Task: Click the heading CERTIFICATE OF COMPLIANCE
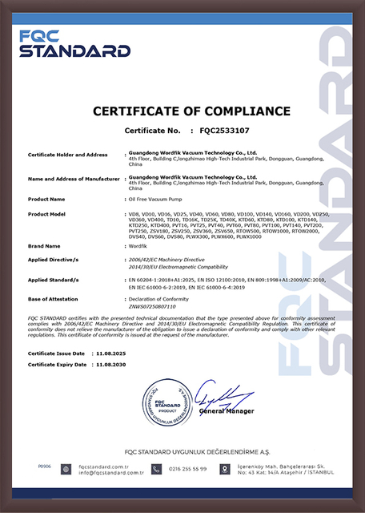pos(182,110)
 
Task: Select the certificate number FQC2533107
pos(225,129)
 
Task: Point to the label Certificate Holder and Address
pos(68,154)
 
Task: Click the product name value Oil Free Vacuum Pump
pos(157,198)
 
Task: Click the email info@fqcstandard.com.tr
pos(105,471)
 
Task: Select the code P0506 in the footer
pos(44,464)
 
